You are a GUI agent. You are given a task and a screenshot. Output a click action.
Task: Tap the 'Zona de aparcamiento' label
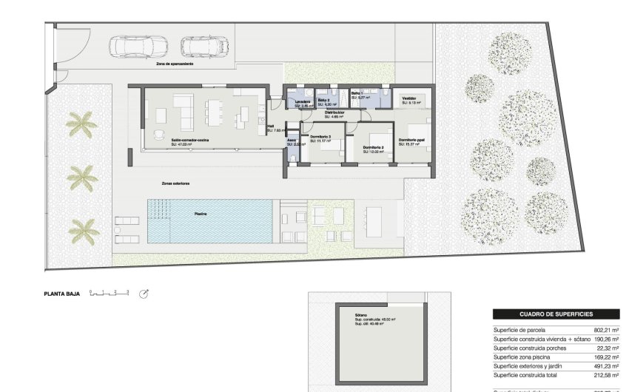(175, 64)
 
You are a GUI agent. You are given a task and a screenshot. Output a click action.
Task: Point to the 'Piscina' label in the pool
(201, 213)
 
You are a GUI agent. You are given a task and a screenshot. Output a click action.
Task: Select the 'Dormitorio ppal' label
(411, 140)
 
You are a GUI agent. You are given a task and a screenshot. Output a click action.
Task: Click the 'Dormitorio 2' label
(374, 147)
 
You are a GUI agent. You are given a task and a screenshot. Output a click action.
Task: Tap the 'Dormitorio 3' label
(320, 137)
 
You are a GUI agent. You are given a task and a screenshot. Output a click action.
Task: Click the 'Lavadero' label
(302, 101)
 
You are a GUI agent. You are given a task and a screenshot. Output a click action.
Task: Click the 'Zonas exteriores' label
(176, 183)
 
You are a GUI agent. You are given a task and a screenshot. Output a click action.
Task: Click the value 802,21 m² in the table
(605, 330)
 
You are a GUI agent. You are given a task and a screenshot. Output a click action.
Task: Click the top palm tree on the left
(81, 124)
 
